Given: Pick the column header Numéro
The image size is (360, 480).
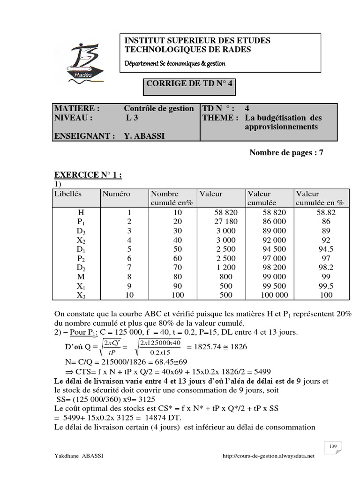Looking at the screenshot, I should click(x=117, y=193).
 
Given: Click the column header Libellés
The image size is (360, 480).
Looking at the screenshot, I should click(x=68, y=193).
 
